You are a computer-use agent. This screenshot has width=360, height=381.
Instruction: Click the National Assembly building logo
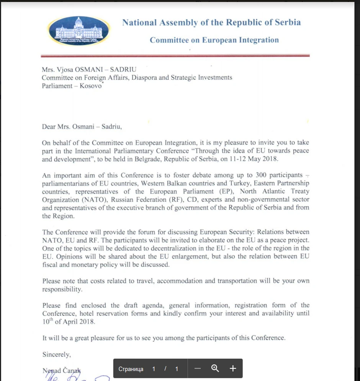(79, 30)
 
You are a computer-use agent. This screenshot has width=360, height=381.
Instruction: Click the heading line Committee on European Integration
(214, 40)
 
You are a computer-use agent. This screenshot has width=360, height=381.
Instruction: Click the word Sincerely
(56, 355)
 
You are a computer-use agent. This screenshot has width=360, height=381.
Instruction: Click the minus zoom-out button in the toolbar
(198, 369)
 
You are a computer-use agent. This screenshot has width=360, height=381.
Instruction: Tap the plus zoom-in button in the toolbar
(233, 369)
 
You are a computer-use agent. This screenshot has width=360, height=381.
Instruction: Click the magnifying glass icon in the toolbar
(215, 369)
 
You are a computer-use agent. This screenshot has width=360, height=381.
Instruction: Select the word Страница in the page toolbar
(131, 369)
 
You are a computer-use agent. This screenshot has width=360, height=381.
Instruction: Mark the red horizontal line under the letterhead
(176, 56)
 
